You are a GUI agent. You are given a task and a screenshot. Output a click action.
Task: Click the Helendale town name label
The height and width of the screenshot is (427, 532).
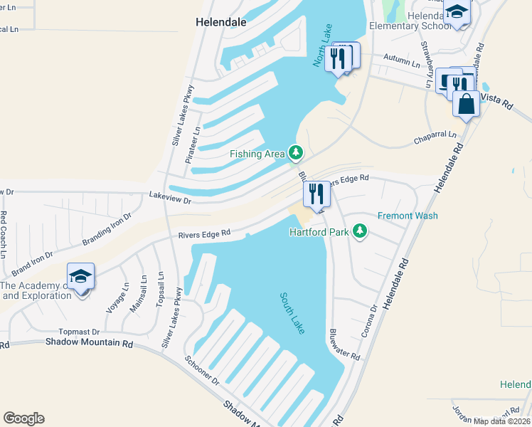tap(221, 22)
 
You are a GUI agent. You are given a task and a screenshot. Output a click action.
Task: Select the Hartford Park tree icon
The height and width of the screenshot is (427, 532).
tap(361, 231)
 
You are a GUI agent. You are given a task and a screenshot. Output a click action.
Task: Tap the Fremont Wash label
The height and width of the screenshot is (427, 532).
tap(408, 216)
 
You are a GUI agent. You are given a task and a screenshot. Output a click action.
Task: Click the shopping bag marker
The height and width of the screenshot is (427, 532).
tap(466, 104)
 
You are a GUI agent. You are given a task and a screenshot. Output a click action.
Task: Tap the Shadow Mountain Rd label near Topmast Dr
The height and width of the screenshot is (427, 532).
tap(90, 342)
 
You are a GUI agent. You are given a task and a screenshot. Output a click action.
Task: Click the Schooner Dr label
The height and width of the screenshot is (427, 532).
tap(202, 371)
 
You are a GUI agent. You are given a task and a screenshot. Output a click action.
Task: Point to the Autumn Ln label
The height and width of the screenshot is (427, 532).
tap(401, 61)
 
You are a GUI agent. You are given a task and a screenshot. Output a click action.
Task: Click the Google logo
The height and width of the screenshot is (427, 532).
tap(23, 418)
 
